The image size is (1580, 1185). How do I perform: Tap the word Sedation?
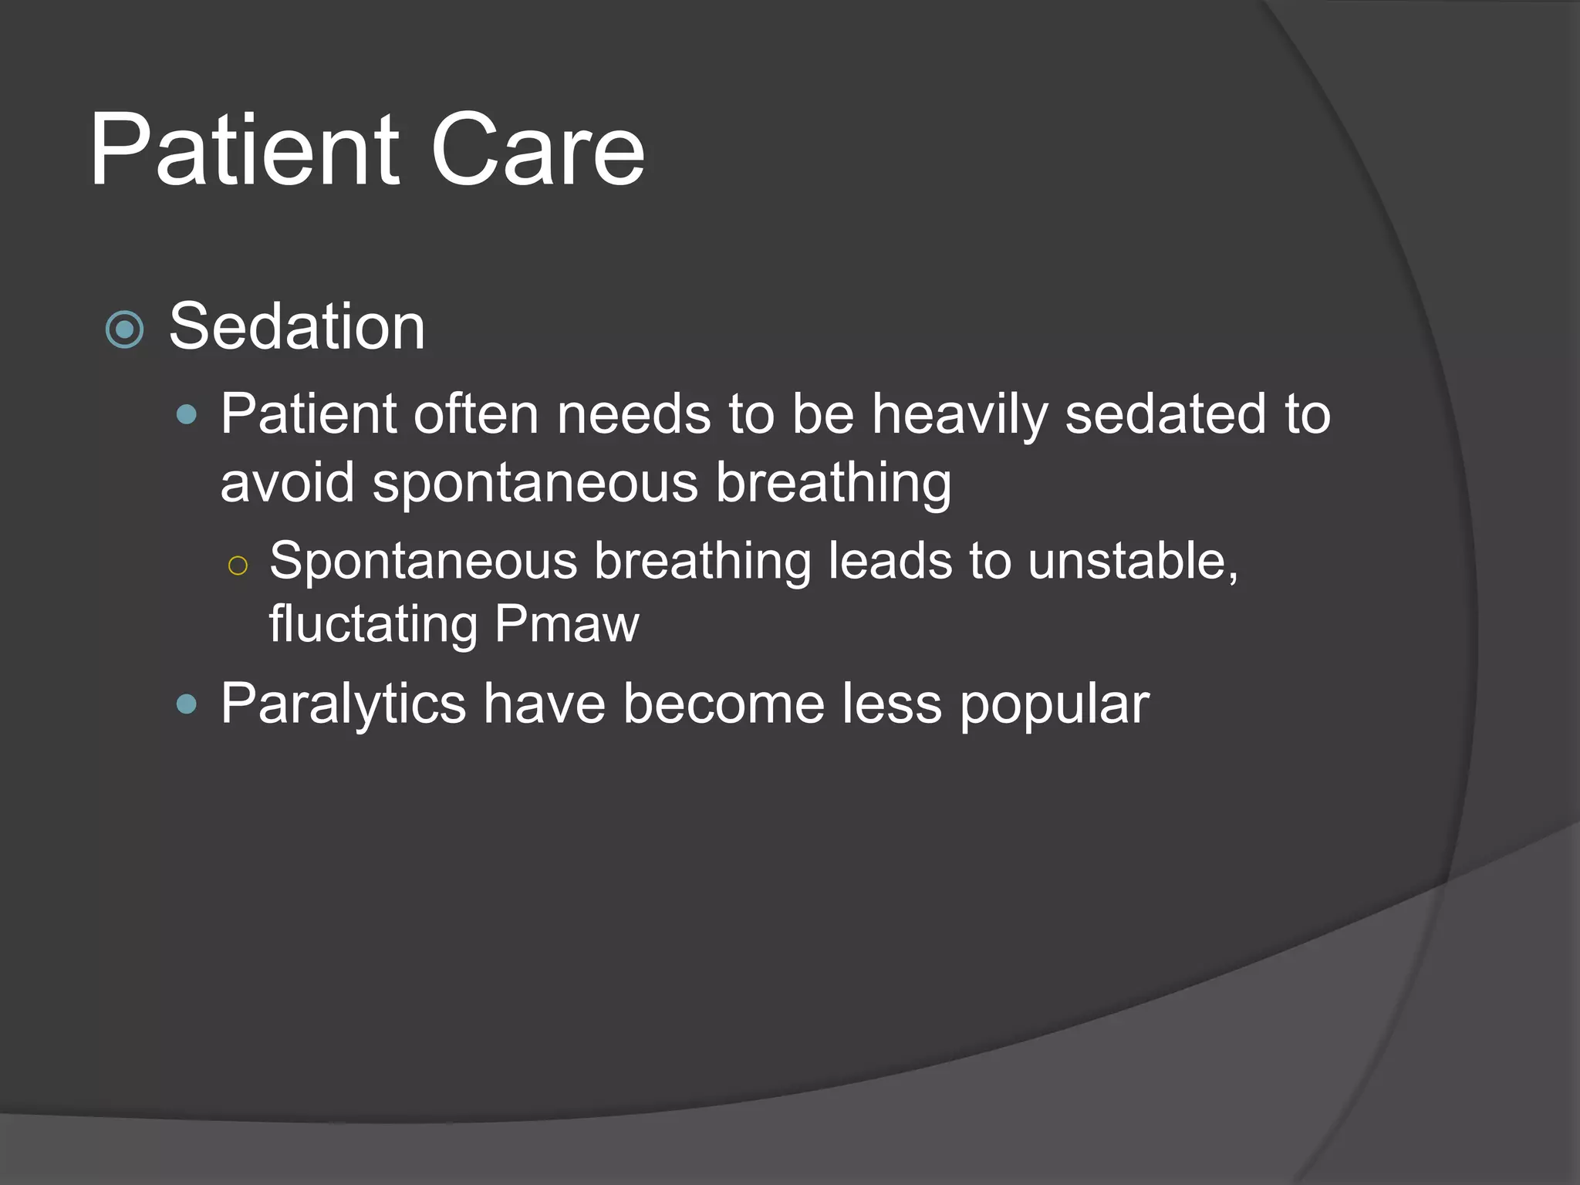click(297, 327)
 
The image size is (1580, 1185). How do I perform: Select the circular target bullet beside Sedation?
click(124, 330)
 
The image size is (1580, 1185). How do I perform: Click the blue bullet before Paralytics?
click(187, 704)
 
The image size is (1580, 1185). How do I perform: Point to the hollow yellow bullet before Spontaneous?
click(238, 566)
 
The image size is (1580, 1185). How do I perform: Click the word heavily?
click(960, 415)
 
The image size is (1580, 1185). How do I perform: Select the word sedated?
click(1166, 415)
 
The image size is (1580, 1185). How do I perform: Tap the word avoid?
click(287, 483)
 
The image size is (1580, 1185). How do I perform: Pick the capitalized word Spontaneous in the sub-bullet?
click(423, 560)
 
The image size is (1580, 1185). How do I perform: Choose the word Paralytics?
click(343, 704)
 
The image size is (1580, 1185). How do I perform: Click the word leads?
click(890, 560)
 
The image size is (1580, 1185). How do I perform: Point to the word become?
click(724, 704)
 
